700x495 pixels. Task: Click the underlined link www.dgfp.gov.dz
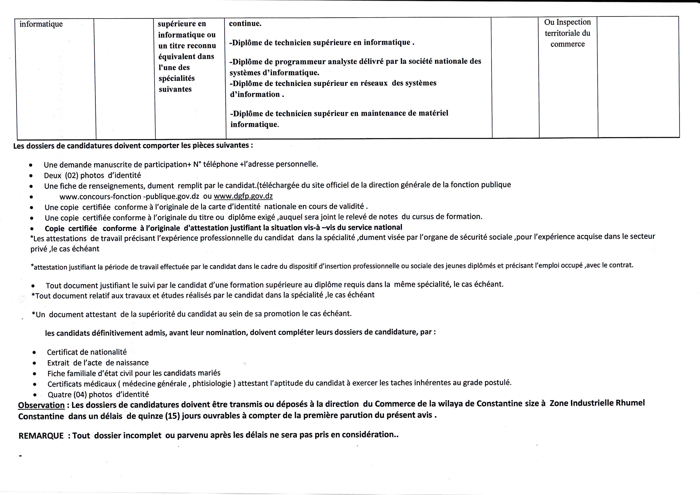pyautogui.click(x=243, y=196)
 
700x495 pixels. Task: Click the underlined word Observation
pyautogui.click(x=41, y=405)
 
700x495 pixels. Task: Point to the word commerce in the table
pyautogui.click(x=567, y=44)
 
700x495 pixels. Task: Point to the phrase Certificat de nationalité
pyautogui.click(x=87, y=352)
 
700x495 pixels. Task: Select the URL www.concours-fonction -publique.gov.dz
pyautogui.click(x=129, y=197)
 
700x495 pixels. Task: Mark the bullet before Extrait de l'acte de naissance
pyautogui.click(x=35, y=363)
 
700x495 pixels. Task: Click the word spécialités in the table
pyautogui.click(x=177, y=78)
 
